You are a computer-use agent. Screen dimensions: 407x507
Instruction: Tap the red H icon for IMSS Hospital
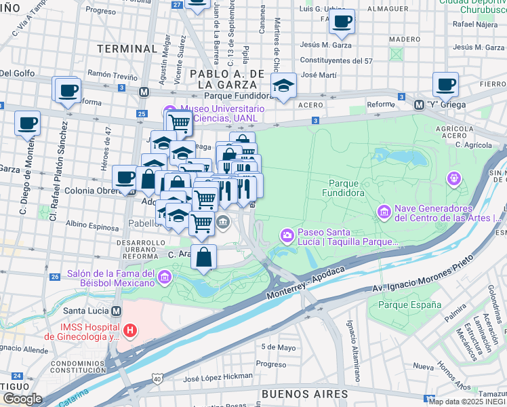(130, 331)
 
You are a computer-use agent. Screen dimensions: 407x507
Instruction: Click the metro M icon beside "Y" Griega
(419, 104)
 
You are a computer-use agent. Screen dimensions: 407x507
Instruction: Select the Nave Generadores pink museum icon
(384, 212)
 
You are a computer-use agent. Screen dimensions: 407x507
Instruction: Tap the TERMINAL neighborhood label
(127, 49)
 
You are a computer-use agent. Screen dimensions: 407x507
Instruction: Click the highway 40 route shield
(157, 378)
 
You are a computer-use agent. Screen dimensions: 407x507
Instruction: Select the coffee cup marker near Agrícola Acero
(445, 85)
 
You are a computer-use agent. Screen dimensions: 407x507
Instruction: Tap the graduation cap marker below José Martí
(283, 85)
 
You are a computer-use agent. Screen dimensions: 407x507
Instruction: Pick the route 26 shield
(55, 277)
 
